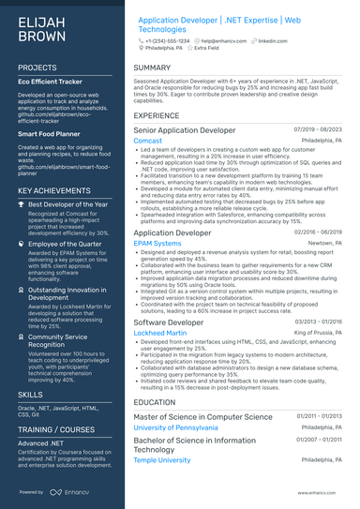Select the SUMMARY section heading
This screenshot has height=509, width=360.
152,68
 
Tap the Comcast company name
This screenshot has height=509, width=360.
147,141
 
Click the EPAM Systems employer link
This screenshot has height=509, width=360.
157,242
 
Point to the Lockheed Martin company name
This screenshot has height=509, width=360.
161,333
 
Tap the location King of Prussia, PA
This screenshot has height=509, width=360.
319,333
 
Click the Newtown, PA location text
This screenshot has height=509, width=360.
327,242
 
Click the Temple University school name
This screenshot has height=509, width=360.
162,460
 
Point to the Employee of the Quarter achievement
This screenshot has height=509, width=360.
67,243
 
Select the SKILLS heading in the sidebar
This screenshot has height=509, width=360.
30,397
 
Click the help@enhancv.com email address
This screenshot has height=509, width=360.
222,42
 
